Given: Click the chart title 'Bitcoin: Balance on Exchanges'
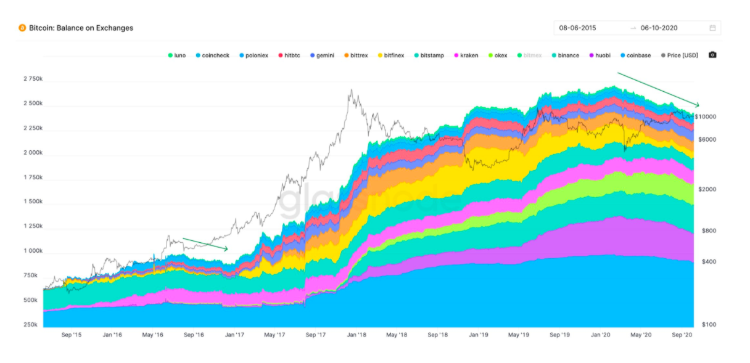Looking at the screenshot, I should point(81,28).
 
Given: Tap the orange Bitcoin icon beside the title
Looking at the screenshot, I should point(22,28).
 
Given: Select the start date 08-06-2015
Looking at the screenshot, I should point(577,28).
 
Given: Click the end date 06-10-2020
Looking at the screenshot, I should point(659,28).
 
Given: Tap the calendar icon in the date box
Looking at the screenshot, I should point(712,28).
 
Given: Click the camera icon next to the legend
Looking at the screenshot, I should point(712,55).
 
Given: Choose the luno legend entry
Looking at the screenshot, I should point(177,55).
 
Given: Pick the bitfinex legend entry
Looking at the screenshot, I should point(391,55).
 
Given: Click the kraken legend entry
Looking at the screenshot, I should point(466,55).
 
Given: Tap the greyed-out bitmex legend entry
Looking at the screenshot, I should point(532,55).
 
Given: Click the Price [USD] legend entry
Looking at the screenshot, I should point(680,55).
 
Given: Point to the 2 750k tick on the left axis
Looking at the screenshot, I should point(32,79).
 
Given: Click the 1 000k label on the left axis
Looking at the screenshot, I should point(32,251).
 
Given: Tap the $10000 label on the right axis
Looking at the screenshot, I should point(705,116).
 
